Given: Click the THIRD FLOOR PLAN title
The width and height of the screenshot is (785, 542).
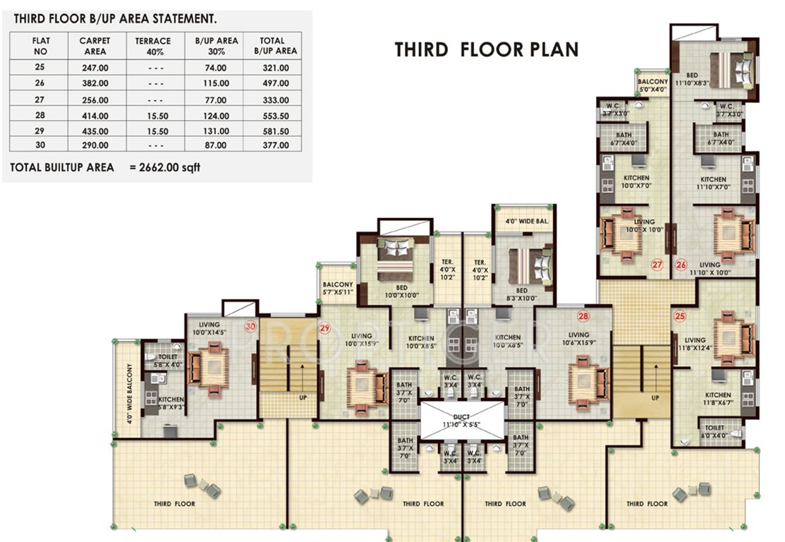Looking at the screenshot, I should tap(487, 49).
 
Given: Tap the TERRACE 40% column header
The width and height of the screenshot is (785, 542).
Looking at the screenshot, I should tap(153, 47).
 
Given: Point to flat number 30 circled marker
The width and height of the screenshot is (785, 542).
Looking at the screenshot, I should tap(249, 326).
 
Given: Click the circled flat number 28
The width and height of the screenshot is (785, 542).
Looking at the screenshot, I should tap(583, 316).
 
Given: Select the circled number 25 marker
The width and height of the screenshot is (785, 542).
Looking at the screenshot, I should tap(680, 316).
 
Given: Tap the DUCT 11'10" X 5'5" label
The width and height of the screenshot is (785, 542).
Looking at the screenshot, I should tap(462, 422).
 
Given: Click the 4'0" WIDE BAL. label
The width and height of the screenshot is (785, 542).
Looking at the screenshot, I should tap(526, 221).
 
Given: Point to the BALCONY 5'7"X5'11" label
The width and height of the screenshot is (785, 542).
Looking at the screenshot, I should tap(336, 289).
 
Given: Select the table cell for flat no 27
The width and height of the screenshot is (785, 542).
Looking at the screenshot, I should tap(40, 100).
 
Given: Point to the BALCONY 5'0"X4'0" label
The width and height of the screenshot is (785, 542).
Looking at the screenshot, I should tap(652, 85).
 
